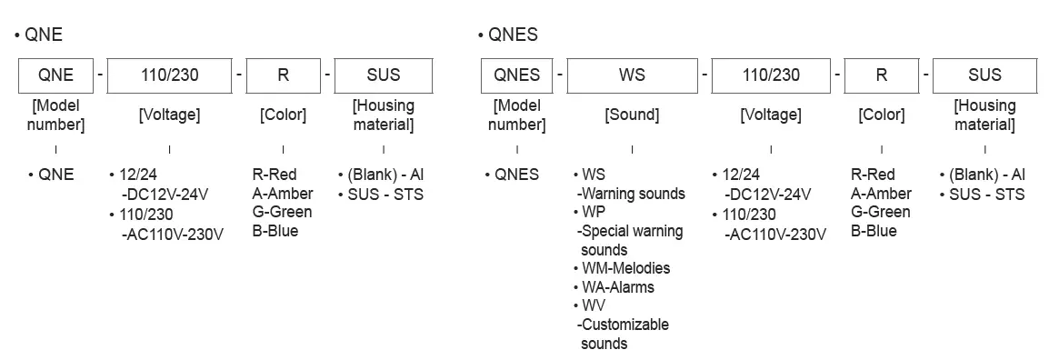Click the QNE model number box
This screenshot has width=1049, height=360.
(x=56, y=75)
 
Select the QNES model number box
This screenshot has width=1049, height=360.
(x=517, y=75)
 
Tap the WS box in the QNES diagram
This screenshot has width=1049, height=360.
(x=632, y=75)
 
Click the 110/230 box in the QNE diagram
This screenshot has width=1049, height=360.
(x=170, y=75)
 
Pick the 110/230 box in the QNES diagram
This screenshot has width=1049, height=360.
(x=771, y=75)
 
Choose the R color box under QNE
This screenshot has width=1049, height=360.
(x=283, y=75)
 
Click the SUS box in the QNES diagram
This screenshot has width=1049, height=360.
(x=984, y=75)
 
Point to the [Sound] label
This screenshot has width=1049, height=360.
(x=632, y=115)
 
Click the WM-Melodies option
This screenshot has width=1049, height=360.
(x=625, y=268)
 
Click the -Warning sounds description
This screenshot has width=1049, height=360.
(x=631, y=194)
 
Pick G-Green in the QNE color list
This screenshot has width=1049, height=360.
(x=282, y=212)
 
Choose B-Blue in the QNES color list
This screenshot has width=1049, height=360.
(x=874, y=231)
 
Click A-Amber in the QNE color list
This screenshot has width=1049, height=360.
(x=283, y=193)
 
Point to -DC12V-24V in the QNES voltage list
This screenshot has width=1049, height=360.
(x=768, y=194)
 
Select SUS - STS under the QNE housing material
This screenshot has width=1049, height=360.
(x=385, y=194)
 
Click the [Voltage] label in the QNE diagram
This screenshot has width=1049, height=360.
(x=169, y=115)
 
